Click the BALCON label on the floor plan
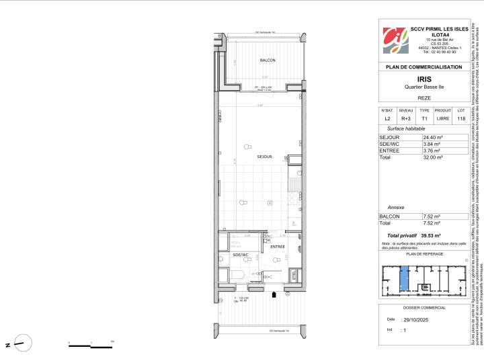[249, 61]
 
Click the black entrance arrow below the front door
[273, 294]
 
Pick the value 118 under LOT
[460, 119]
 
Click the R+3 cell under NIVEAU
[406, 119]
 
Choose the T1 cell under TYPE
[424, 119]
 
